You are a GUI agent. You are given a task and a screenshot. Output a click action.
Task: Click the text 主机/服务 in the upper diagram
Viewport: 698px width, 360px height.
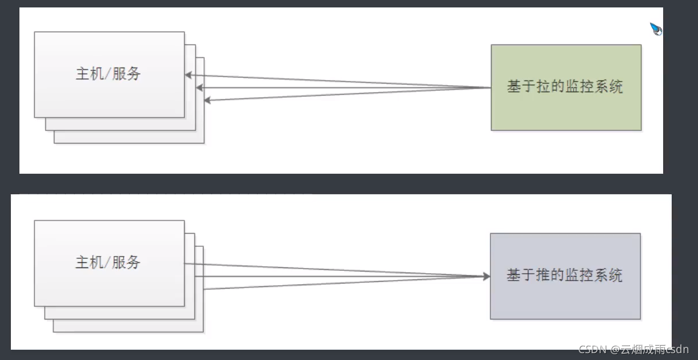109,74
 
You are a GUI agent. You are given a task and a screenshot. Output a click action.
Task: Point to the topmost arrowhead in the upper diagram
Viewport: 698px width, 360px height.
188,75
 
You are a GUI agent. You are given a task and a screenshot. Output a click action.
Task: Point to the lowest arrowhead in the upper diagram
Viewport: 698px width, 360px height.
208,101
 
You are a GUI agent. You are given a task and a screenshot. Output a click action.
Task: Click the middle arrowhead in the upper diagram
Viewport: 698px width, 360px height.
200,88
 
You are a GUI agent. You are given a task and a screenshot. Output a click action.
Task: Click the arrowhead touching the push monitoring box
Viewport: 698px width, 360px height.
486,277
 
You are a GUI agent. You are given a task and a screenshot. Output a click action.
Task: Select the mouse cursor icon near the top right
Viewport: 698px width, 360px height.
656,29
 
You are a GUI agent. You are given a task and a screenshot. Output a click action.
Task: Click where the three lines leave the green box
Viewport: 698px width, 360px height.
490,88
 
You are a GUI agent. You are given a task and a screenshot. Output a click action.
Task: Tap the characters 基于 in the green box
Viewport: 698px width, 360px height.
520,87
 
